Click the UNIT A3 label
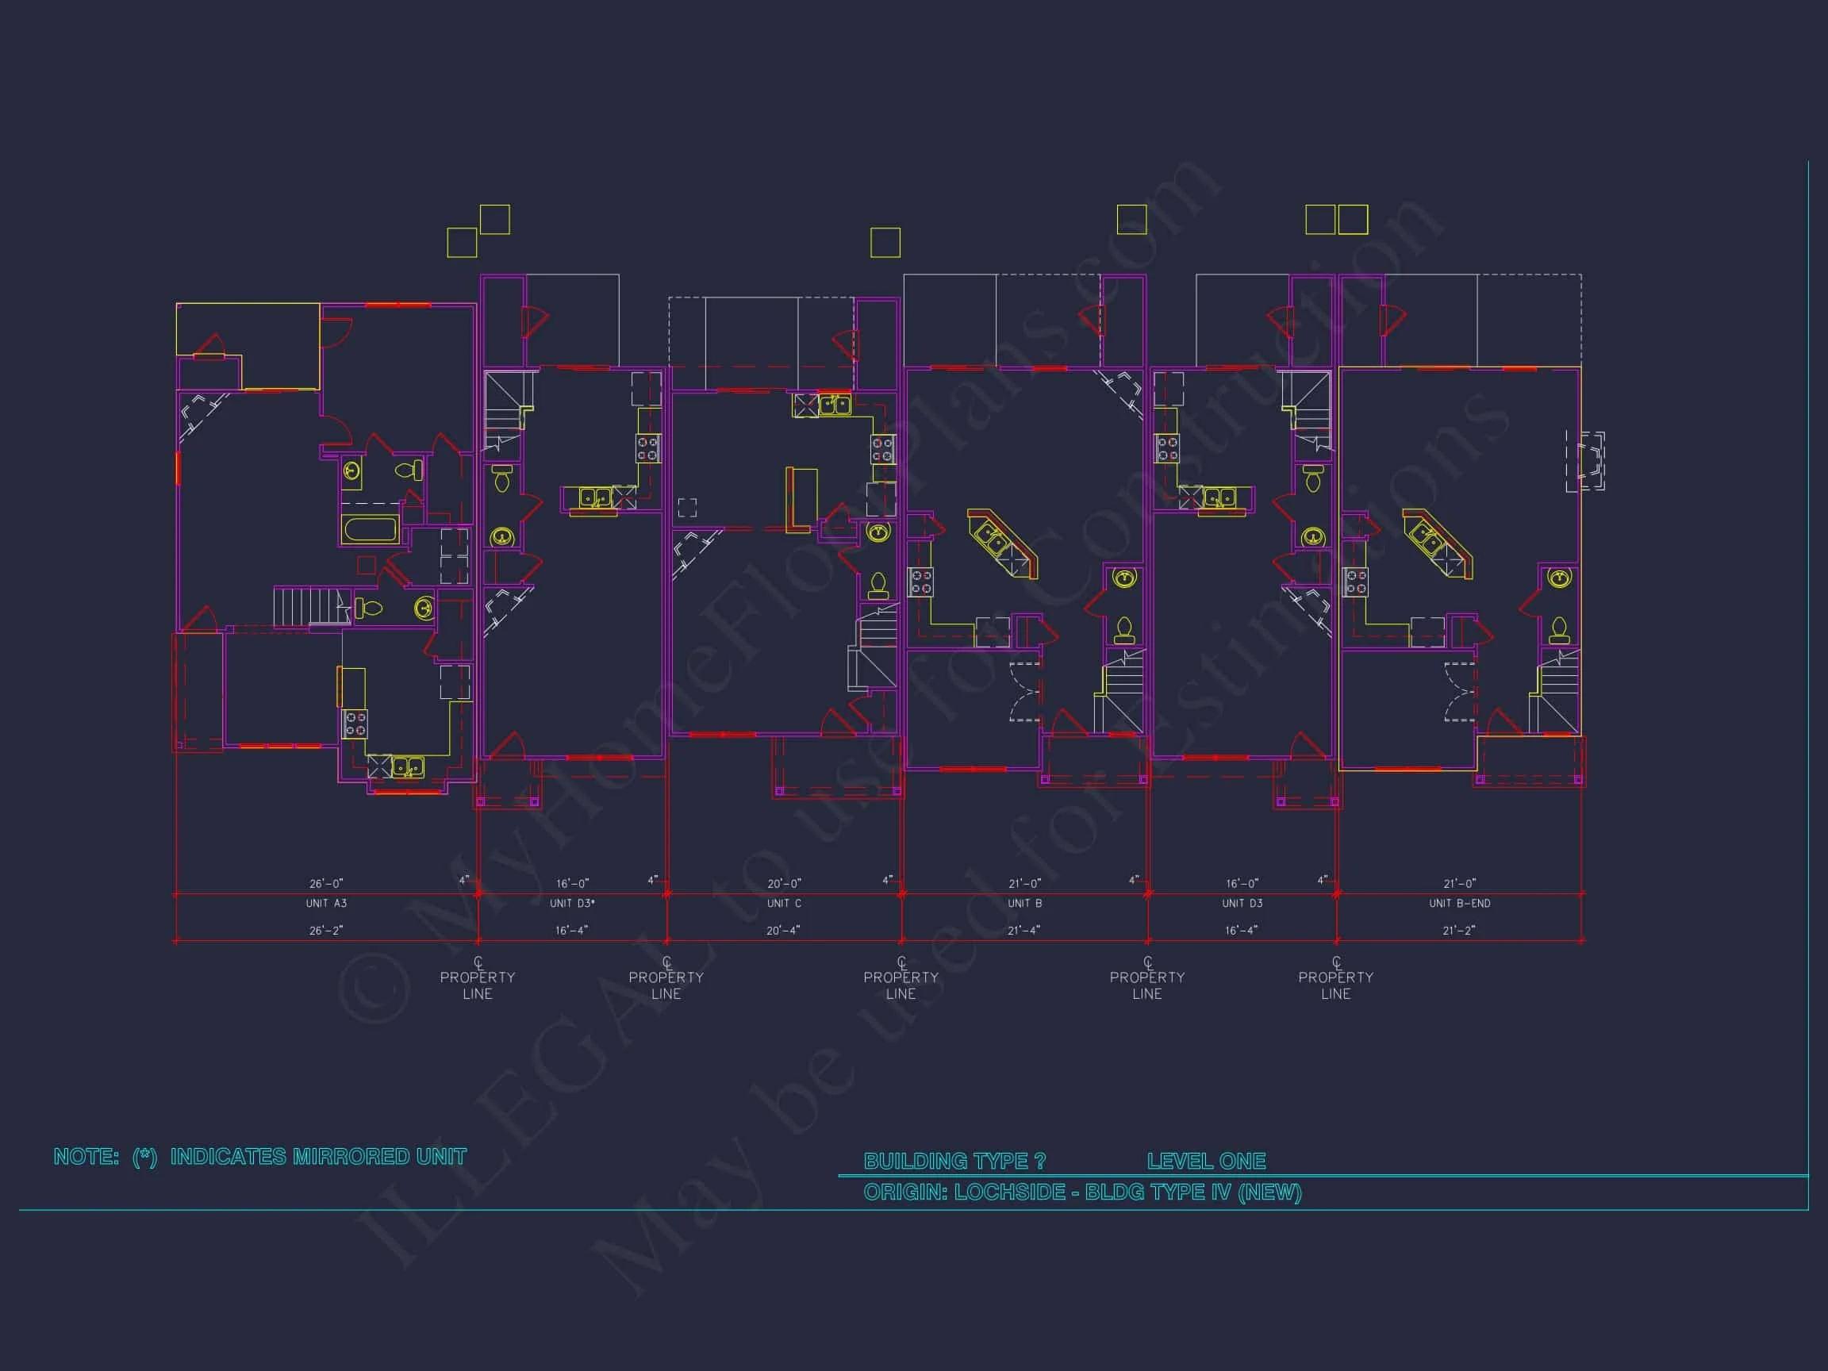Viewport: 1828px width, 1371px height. pyautogui.click(x=326, y=903)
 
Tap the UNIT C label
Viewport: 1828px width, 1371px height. pyautogui.click(x=783, y=903)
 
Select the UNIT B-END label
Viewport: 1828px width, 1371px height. pyautogui.click(x=1459, y=903)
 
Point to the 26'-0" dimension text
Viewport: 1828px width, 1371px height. pyautogui.click(x=326, y=883)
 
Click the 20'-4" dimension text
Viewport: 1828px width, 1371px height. pyautogui.click(x=783, y=931)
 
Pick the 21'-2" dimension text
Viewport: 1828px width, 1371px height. pyautogui.click(x=1459, y=931)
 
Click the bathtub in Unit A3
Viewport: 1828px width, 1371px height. pyautogui.click(x=371, y=530)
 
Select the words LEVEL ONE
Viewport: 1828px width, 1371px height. pyautogui.click(x=1206, y=1161)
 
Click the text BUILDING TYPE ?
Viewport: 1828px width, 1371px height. pyautogui.click(x=954, y=1161)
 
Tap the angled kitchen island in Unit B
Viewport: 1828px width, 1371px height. pyautogui.click(x=1002, y=543)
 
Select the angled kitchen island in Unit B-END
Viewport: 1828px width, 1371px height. pyautogui.click(x=1438, y=543)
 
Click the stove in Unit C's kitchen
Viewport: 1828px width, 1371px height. pyautogui.click(x=881, y=450)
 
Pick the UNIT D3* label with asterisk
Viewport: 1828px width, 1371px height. pyautogui.click(x=572, y=903)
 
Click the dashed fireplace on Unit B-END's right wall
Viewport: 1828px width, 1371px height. pyautogui.click(x=1585, y=461)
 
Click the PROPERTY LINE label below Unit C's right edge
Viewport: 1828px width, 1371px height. pyautogui.click(x=901, y=985)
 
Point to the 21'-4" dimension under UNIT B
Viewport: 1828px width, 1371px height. pyautogui.click(x=1024, y=931)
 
